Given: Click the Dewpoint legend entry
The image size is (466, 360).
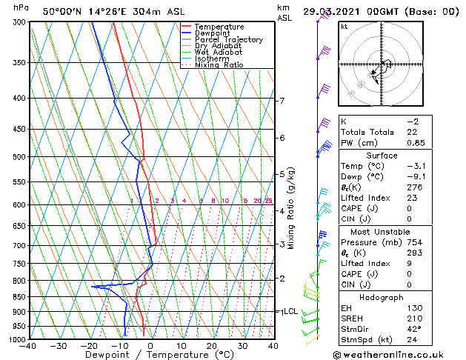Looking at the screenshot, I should (x=212, y=33).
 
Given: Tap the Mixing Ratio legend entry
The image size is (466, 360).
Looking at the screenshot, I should (x=219, y=65).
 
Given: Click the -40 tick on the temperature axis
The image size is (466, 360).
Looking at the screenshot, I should (x=29, y=346).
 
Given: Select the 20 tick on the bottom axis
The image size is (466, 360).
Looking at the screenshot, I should (x=212, y=346).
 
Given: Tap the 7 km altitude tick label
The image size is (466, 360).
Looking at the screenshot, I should (x=282, y=101).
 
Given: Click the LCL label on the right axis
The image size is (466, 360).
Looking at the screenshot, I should (x=290, y=312).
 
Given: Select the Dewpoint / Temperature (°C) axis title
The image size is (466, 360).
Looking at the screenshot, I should (x=151, y=355).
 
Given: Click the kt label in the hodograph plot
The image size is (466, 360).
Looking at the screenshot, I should (x=344, y=27).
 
